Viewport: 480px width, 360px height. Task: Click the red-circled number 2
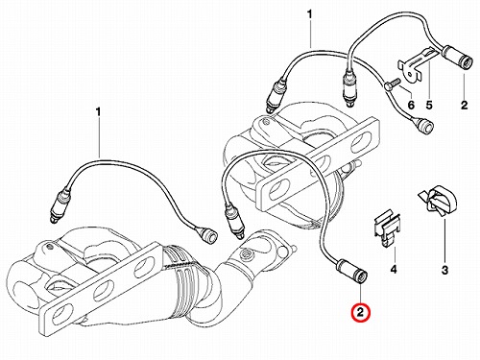tap(360, 312)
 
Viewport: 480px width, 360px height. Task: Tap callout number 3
tap(444, 271)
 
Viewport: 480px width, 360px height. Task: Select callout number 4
tap(394, 270)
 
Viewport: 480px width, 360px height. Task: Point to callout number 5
tap(429, 105)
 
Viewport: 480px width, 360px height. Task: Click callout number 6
tap(411, 105)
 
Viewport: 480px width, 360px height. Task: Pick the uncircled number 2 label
tap(464, 105)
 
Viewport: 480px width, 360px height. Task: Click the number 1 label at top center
tap(309, 14)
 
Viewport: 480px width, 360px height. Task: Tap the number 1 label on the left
tap(98, 112)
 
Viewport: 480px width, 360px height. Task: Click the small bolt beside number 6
tap(391, 84)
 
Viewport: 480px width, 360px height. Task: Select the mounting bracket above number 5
tap(415, 65)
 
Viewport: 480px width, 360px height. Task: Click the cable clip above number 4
tap(387, 228)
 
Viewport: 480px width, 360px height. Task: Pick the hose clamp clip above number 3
tap(438, 201)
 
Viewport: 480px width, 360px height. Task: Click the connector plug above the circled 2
tap(351, 270)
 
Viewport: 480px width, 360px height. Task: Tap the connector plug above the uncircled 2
tap(457, 57)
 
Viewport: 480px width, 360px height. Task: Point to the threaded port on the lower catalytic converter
tap(246, 255)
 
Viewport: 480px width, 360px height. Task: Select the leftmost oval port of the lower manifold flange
tap(59, 316)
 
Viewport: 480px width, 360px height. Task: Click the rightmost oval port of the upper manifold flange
tap(361, 141)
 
